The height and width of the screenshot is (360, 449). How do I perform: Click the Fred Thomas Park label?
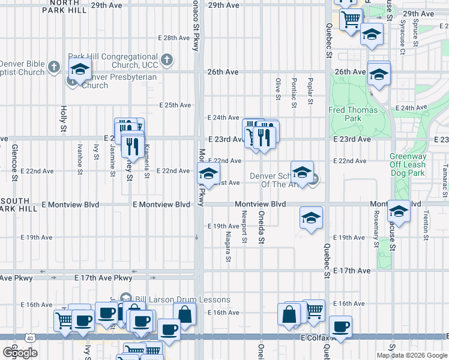353,114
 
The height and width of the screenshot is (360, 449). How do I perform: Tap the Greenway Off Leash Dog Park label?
408,165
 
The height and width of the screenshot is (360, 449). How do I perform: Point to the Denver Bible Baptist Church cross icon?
54,66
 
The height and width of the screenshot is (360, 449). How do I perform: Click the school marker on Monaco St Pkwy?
208,175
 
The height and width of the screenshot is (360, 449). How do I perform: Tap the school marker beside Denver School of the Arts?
302,172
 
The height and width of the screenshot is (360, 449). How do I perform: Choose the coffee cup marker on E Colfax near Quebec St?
340,327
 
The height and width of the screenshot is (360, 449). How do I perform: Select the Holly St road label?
64,119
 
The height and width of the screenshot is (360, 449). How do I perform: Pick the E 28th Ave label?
174,38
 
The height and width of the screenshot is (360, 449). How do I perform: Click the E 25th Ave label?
175,105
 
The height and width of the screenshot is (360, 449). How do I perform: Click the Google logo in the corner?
20,353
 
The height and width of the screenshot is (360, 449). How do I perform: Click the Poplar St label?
310,90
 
